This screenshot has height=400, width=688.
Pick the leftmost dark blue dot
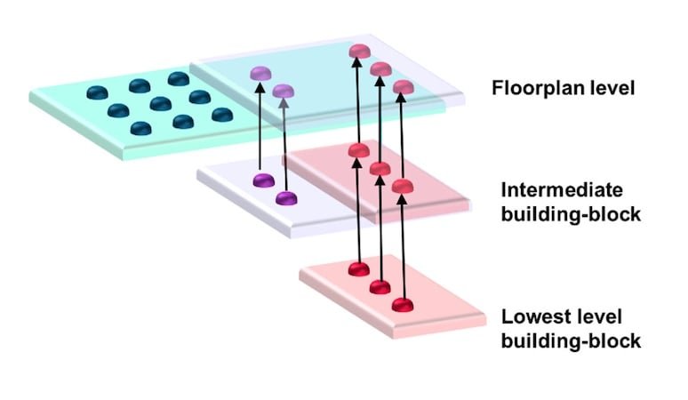click(95, 92)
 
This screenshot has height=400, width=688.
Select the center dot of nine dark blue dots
click(160, 104)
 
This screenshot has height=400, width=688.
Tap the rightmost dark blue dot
click(222, 115)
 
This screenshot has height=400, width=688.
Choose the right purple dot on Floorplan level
click(284, 90)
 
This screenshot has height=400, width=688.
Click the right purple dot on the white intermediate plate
click(285, 198)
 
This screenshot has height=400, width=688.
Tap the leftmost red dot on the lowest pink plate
click(357, 268)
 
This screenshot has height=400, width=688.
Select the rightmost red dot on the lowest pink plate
click(403, 305)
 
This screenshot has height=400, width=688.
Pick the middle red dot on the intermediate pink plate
click(380, 167)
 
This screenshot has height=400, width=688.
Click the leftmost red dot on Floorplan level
click(357, 52)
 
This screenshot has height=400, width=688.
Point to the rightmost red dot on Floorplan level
click(403, 87)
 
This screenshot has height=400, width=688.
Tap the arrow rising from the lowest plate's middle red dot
click(380, 227)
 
